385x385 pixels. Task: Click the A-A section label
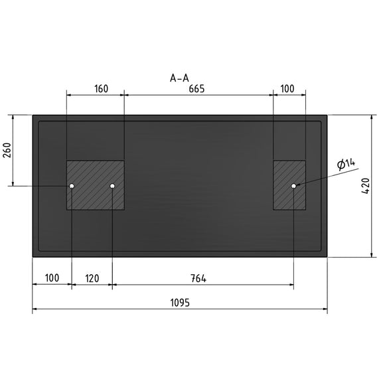click(179, 78)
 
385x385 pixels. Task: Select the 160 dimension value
click(101, 89)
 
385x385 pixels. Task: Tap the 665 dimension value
click(196, 89)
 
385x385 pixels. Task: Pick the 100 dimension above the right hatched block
click(287, 89)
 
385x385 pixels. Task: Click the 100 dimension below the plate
click(52, 278)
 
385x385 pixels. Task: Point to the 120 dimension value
click(92, 279)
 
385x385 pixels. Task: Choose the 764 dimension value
click(198, 278)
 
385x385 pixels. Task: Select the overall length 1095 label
click(180, 303)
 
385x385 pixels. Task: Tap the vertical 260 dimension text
click(7, 150)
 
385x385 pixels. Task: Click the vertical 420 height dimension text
click(366, 186)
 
